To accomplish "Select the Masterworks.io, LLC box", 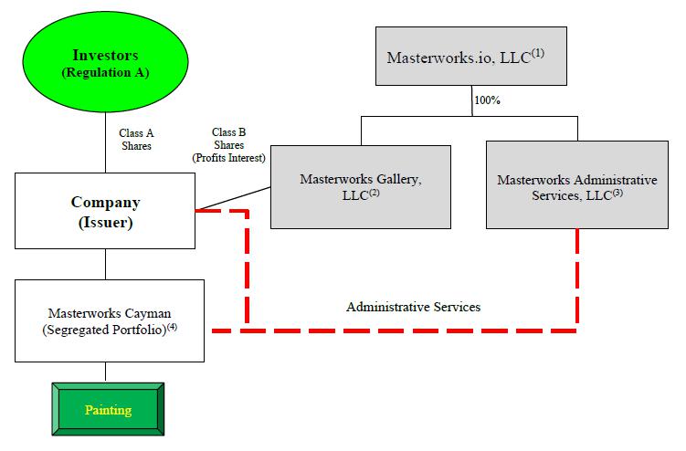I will point(472,57).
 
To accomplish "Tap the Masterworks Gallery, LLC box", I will point(361,186).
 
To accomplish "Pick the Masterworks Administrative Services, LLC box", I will point(576,186).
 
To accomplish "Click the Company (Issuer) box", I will point(105,209).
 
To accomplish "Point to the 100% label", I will point(486,100).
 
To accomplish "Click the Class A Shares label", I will point(136,139).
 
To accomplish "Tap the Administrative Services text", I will point(413,307).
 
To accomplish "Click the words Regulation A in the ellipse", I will point(104,73).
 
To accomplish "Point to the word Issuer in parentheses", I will point(104,220).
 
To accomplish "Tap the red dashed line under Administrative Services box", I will point(576,274).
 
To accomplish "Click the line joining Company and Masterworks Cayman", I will point(105,264).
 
